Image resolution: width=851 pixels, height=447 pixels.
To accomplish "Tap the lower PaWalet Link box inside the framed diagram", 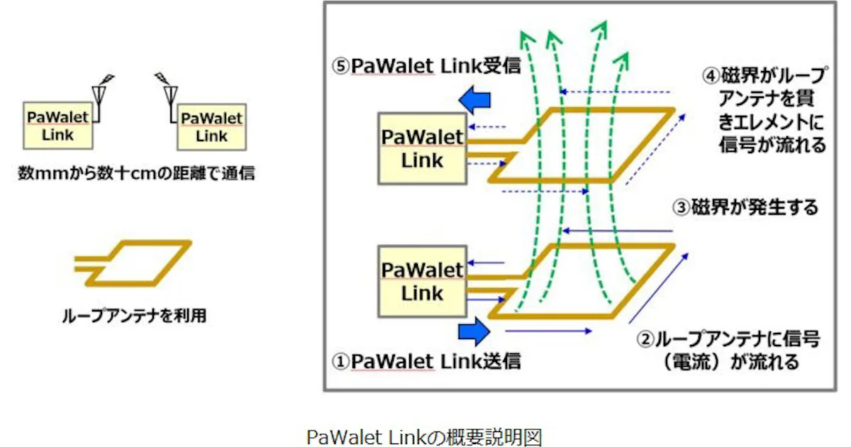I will tap(421, 280).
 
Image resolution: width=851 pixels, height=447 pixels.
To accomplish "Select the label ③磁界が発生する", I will tap(745, 208).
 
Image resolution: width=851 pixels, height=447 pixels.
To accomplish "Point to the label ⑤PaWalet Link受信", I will tap(426, 66).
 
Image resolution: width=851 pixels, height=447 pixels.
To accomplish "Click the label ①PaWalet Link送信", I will tap(426, 360).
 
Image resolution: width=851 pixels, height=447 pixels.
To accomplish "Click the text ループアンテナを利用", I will tap(134, 314).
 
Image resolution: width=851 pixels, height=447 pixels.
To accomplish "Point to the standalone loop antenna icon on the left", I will tap(135, 264).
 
